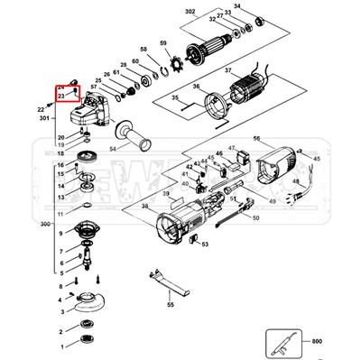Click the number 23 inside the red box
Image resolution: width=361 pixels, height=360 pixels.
point(60,95)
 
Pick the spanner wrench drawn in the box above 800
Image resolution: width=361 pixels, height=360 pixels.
point(288,342)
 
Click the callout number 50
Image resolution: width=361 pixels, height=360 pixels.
point(255,218)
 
